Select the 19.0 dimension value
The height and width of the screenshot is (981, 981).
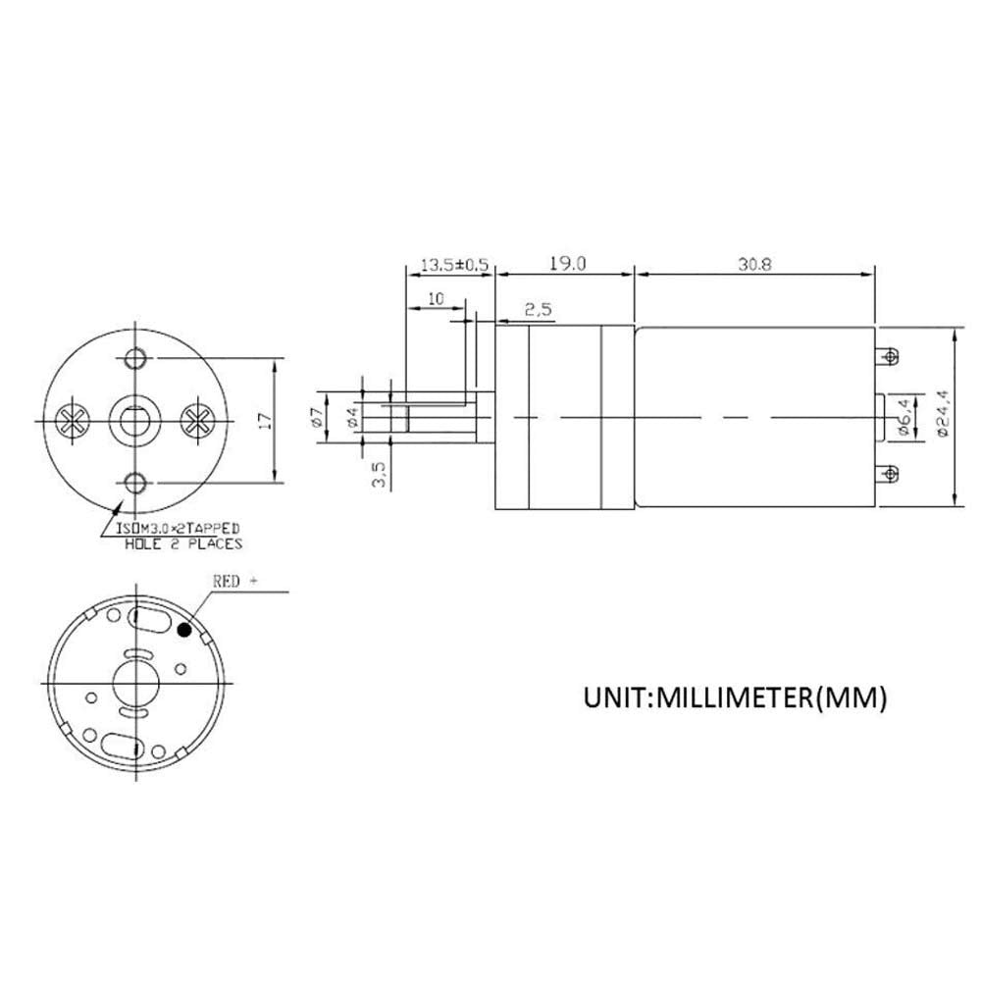click(567, 264)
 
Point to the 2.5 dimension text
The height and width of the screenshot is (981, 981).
click(539, 309)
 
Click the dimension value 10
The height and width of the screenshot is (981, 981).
click(435, 298)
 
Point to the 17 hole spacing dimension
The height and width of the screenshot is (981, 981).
click(263, 420)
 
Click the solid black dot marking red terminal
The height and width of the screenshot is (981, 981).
click(183, 631)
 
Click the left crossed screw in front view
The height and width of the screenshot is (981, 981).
click(71, 420)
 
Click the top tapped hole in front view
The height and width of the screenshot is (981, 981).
click(135, 356)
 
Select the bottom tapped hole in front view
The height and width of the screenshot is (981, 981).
click(135, 481)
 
